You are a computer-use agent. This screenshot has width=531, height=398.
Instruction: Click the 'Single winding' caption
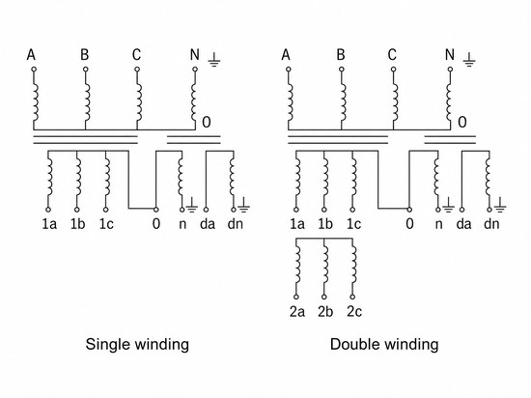pos(137,345)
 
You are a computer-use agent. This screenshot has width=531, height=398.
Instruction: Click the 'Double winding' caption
pos(384,345)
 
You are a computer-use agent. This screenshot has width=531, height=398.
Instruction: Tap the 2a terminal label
pos(297,312)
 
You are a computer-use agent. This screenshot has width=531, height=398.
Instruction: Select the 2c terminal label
pos(354,312)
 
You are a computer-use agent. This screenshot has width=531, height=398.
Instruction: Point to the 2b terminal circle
pos(324,297)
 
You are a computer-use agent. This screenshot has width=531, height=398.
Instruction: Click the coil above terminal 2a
pos(297,264)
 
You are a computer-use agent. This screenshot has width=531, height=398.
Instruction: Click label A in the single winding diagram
pos(31,54)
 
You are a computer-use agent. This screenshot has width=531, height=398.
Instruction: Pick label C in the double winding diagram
pos(392,54)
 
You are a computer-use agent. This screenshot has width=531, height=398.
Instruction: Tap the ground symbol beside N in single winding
pos(214,60)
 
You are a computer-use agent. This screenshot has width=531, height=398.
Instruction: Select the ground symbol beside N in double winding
pos(469,60)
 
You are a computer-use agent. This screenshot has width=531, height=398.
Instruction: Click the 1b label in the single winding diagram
pos(77,224)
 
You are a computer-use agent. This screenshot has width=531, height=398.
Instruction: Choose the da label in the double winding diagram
pos(463,224)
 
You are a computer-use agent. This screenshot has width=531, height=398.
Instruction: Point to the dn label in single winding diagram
pos(236,224)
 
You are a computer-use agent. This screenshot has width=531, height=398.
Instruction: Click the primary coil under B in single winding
pos(87,102)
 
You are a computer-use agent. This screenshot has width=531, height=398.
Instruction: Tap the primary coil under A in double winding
pos(290,102)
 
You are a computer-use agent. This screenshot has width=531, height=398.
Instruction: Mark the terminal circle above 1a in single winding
pos(48,210)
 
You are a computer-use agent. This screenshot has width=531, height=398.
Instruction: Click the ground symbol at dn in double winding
pos(500,205)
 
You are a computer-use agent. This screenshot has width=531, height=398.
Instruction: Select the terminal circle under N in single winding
pos(195,70)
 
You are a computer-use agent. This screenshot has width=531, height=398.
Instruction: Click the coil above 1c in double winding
pos(354,177)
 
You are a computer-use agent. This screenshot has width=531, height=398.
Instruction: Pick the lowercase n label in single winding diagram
pos(182,224)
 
